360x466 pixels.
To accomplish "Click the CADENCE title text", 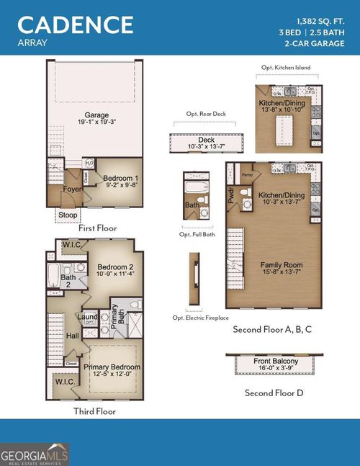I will (x=76, y=24).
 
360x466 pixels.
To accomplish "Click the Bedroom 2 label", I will (x=116, y=266).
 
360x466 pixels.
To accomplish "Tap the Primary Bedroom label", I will (x=112, y=367).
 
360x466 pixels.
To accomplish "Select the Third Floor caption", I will (x=94, y=411).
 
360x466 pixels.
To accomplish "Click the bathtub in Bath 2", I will (x=53, y=274).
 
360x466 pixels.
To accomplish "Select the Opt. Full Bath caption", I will (x=197, y=235).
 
